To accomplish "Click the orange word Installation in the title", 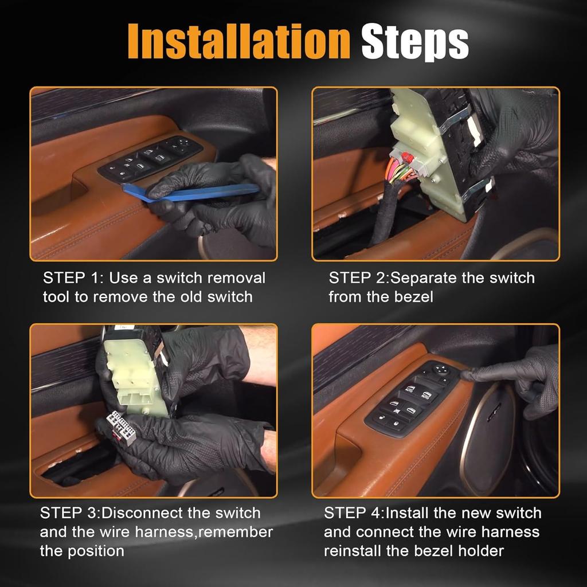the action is coord(239,41).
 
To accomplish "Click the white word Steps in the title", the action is coord(415,42).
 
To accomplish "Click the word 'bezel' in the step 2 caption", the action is coord(414,297).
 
